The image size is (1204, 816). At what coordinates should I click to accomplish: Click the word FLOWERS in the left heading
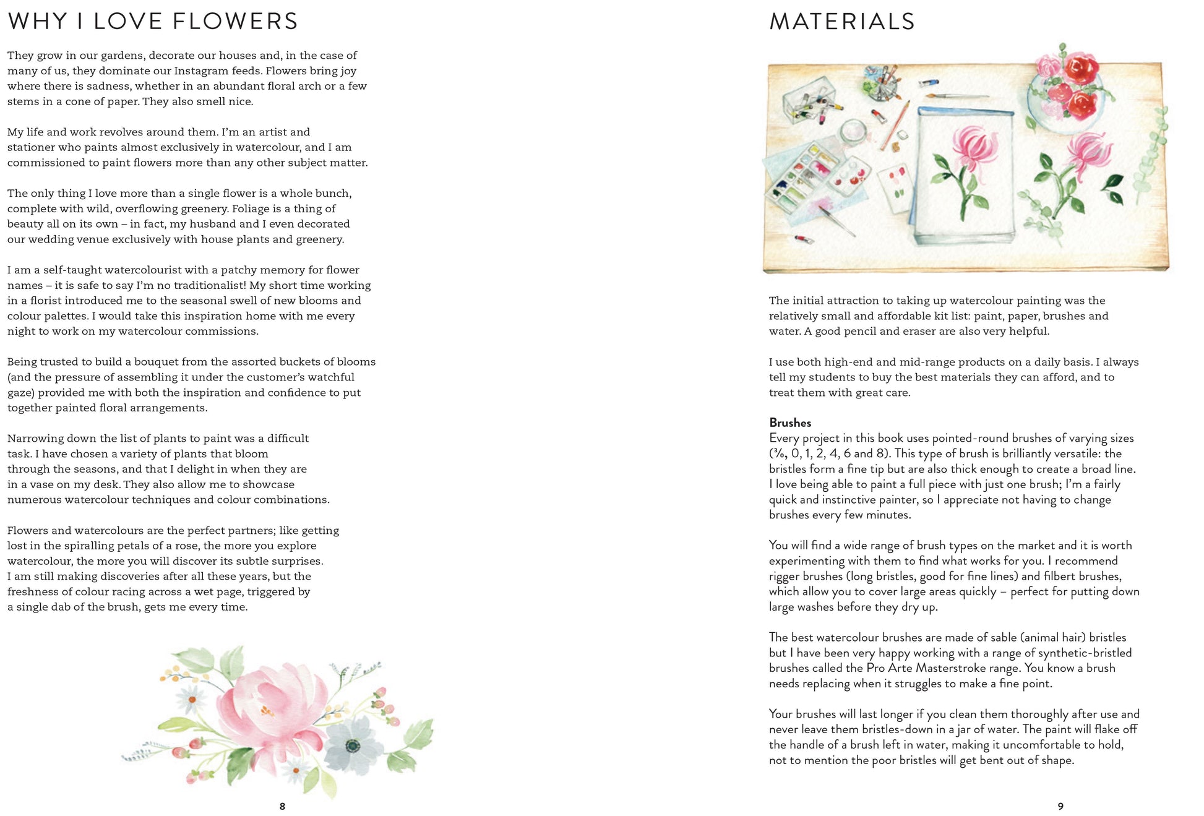(x=235, y=22)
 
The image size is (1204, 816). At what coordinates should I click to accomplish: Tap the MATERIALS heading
(x=841, y=22)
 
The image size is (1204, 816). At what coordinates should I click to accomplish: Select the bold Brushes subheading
(x=789, y=423)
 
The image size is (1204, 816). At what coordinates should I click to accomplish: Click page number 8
(x=282, y=806)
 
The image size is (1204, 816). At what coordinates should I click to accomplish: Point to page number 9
(x=1060, y=806)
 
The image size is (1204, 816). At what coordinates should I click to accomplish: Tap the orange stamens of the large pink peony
(x=267, y=711)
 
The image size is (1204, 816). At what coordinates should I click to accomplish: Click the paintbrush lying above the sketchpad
(x=955, y=96)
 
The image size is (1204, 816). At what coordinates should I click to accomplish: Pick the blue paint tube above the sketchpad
(x=929, y=82)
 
